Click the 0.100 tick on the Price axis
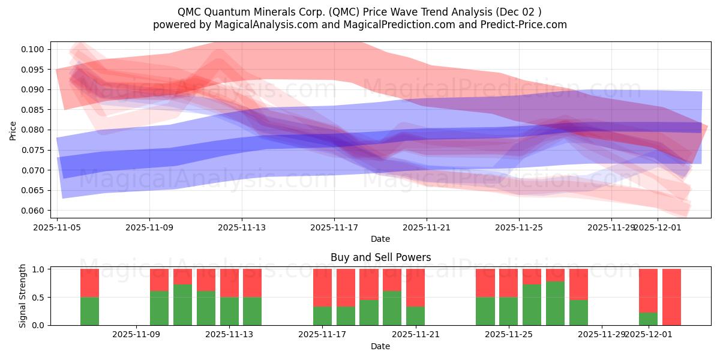[34, 49]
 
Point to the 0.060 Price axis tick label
[34, 211]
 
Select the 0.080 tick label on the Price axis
[34, 130]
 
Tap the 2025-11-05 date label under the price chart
[57, 227]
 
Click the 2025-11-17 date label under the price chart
[334, 227]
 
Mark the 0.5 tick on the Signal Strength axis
[38, 298]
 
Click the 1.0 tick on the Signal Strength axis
[38, 269]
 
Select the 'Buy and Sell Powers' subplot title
[380, 258]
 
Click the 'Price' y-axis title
[13, 130]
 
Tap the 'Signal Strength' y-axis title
[22, 296]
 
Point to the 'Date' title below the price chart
[380, 239]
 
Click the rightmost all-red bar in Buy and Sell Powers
[671, 297]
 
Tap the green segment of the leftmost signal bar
[89, 311]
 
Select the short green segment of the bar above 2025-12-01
[648, 319]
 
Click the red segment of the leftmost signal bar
[89, 283]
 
